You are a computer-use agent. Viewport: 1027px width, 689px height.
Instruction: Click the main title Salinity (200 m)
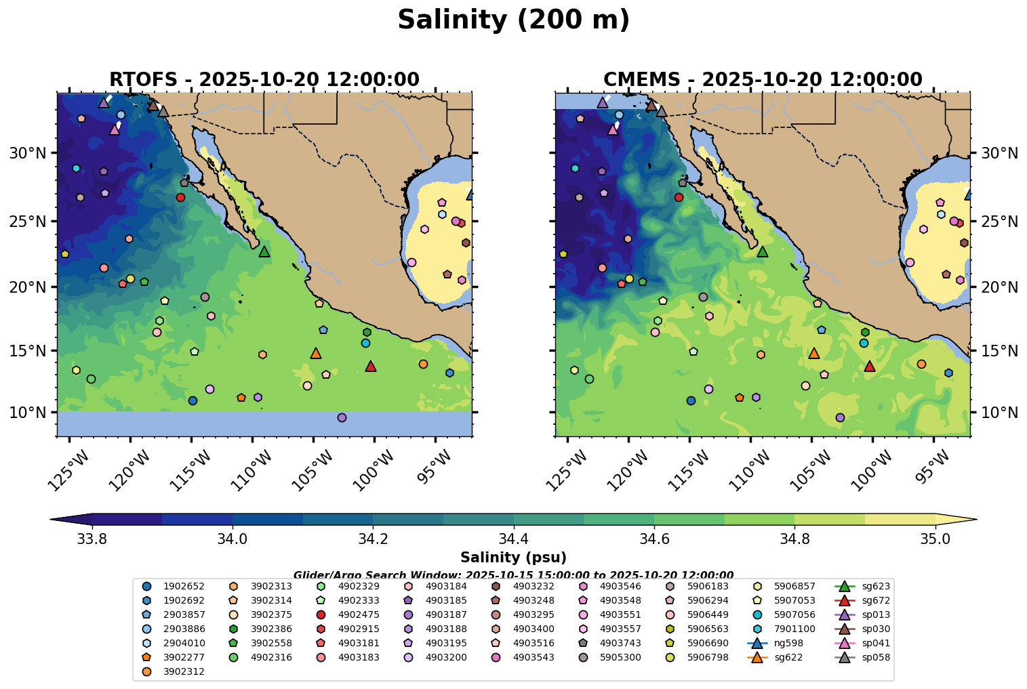513,20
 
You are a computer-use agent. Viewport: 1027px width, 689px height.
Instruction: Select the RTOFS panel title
264,79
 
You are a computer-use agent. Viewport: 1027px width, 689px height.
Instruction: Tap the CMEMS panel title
763,79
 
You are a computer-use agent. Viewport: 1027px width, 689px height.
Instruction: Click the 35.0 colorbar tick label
935,539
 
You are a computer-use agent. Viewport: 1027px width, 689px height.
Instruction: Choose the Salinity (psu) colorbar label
513,558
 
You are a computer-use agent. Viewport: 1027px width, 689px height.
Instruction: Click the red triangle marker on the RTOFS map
370,367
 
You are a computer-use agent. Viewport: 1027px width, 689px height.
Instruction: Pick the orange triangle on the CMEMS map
814,353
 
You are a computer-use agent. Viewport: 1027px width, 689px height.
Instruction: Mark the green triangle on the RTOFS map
264,252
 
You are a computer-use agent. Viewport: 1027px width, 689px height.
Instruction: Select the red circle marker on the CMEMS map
679,197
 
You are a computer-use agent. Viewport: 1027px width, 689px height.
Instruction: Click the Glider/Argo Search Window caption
513,575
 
